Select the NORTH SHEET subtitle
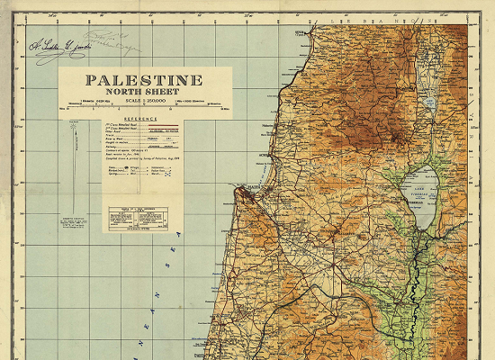click(x=145, y=91)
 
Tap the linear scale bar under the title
click(x=145, y=107)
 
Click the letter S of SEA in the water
click(x=178, y=236)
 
